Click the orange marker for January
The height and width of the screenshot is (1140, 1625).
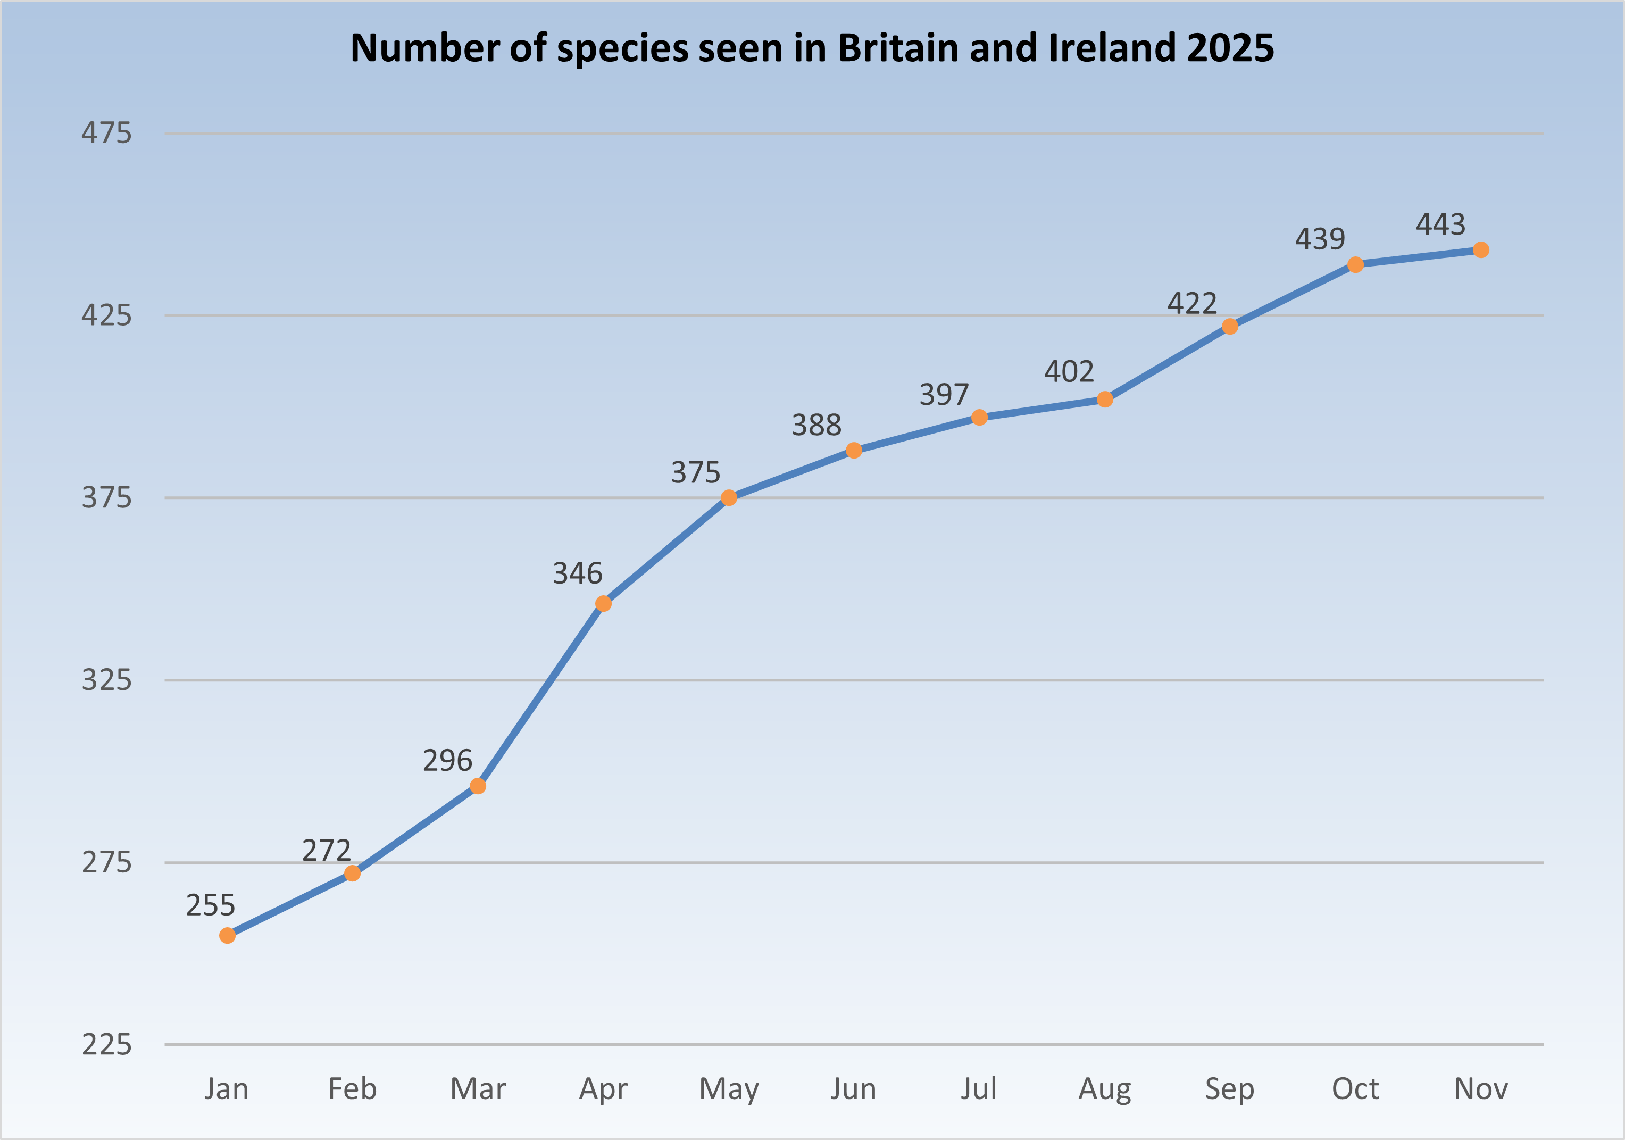click(227, 936)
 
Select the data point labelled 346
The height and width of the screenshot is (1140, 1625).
click(603, 604)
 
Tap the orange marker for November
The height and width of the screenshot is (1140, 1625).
click(1481, 250)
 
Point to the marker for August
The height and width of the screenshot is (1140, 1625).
click(1105, 400)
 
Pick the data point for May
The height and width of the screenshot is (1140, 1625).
click(729, 498)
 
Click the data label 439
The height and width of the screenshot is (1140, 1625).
click(1320, 239)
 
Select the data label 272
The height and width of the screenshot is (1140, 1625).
click(326, 851)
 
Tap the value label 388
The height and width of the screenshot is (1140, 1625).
click(816, 425)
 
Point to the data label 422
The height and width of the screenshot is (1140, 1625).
click(1192, 304)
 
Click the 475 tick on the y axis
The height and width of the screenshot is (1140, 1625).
click(106, 133)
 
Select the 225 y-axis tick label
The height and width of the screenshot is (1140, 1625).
click(106, 1044)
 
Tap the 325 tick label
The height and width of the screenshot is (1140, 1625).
click(106, 680)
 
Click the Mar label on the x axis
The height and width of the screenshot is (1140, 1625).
click(478, 1089)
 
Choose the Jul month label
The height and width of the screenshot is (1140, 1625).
click(979, 1089)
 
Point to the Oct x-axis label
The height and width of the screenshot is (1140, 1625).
click(1355, 1089)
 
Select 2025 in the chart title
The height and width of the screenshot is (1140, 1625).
click(1230, 48)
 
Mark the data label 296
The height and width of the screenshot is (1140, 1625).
click(447, 761)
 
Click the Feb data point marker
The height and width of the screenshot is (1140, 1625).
click(353, 873)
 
